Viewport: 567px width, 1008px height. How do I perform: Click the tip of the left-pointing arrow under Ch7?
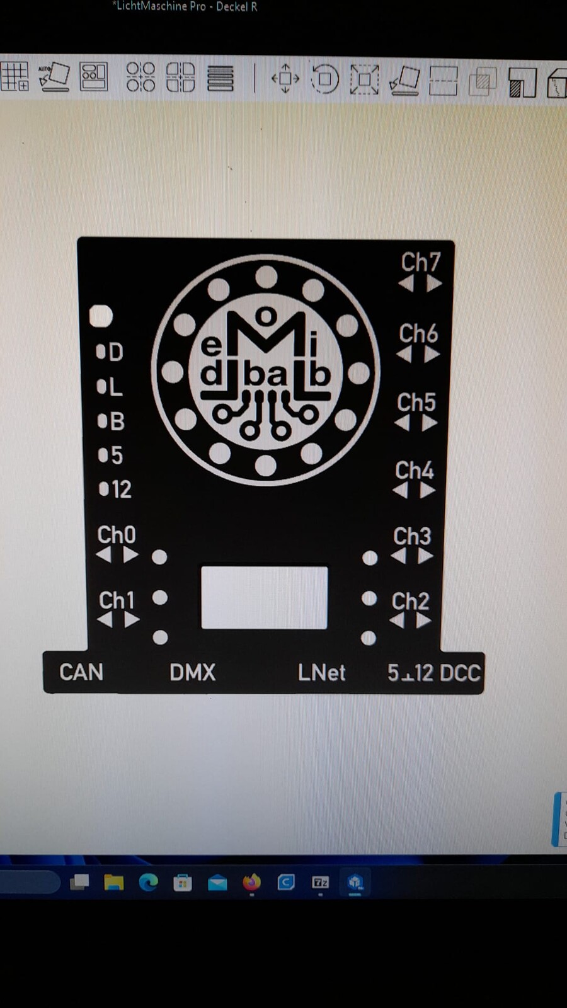(x=399, y=284)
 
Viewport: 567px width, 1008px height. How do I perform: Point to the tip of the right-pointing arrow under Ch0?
(x=139, y=554)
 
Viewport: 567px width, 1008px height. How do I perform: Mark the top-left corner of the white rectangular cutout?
(x=201, y=566)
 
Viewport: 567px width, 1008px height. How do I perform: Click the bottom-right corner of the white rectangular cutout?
(x=328, y=629)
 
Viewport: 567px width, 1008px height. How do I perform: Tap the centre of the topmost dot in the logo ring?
(x=266, y=277)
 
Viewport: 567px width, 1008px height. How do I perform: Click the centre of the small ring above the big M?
(x=266, y=316)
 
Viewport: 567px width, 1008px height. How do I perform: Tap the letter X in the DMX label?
(x=207, y=672)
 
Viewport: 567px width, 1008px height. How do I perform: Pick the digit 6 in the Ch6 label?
(x=430, y=334)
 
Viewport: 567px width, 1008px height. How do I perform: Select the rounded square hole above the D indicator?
(x=101, y=316)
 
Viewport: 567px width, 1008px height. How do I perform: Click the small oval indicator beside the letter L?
(x=101, y=387)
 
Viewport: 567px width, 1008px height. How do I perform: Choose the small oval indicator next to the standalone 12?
(x=103, y=489)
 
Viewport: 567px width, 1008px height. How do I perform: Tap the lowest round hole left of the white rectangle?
(x=160, y=637)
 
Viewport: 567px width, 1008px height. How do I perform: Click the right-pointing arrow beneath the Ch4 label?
(x=428, y=490)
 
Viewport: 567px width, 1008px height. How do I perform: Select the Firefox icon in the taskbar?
(x=251, y=882)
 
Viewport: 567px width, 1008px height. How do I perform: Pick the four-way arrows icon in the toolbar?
(x=285, y=78)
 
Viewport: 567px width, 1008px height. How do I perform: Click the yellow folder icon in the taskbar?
(x=114, y=883)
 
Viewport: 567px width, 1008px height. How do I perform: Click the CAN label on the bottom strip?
(x=81, y=672)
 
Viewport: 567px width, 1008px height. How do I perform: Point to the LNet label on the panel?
(x=322, y=673)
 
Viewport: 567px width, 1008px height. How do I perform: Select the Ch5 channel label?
(x=416, y=403)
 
